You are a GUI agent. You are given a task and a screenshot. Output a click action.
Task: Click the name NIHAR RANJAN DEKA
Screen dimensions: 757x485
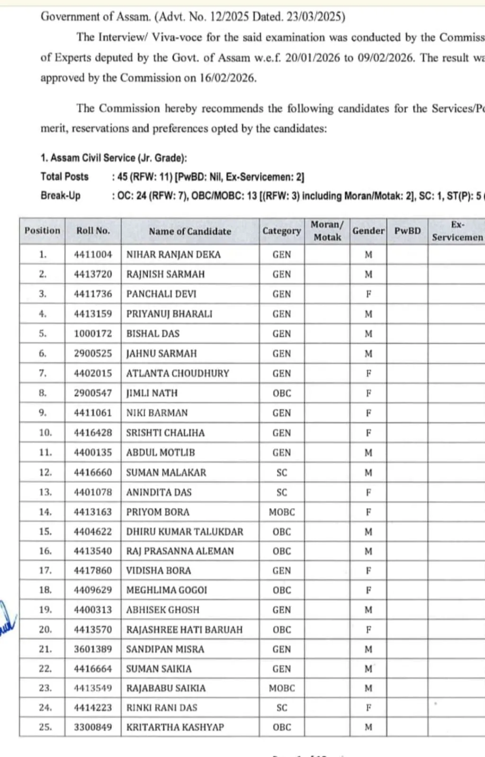tap(173, 255)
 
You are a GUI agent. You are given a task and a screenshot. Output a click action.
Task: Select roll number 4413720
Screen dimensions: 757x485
tap(93, 275)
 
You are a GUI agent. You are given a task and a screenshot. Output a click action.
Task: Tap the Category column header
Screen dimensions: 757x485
tap(281, 231)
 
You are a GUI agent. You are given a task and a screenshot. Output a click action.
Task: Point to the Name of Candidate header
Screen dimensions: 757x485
tap(190, 232)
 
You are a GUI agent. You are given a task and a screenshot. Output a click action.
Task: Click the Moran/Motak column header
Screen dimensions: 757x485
tap(327, 231)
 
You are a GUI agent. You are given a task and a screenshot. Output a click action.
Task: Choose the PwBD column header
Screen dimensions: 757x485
tap(407, 231)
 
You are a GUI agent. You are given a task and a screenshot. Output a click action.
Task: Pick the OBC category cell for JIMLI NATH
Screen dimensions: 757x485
tap(281, 393)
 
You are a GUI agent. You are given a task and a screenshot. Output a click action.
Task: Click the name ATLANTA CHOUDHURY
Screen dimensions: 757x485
tap(178, 374)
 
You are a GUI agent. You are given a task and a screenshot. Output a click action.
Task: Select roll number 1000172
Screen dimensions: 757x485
tap(93, 334)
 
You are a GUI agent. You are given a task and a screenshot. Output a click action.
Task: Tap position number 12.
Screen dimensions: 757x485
tap(45, 472)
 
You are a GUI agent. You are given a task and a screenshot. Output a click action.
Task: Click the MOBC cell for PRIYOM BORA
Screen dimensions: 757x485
tap(281, 512)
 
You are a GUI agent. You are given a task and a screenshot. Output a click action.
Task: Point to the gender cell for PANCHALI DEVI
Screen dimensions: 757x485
tap(368, 294)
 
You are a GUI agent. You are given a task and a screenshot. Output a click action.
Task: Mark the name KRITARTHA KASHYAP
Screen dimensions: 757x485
tap(175, 727)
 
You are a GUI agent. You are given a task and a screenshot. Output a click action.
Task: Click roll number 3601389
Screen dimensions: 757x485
tap(93, 650)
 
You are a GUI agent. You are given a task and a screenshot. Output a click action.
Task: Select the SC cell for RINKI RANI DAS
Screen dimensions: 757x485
tap(281, 708)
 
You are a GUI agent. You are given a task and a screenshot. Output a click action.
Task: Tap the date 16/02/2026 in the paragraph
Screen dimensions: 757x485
tap(227, 78)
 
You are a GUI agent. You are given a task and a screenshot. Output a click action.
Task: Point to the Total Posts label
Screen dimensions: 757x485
tap(64, 177)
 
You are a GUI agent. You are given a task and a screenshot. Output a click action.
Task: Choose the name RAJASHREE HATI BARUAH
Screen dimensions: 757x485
tap(184, 630)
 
